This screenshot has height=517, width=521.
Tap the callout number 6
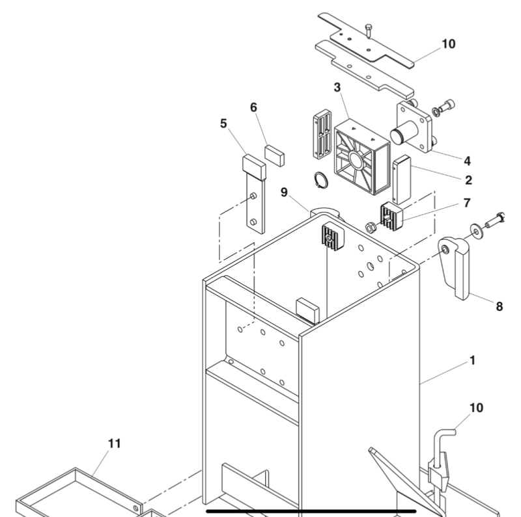[254, 107]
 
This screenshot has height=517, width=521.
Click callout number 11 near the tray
[114, 444]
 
